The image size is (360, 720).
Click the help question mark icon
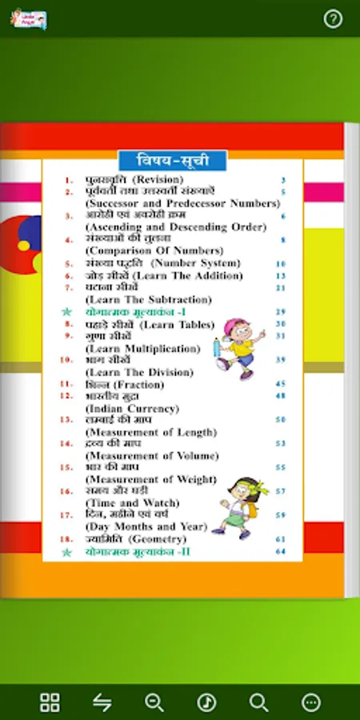[333, 18]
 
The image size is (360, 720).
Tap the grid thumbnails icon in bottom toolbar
[50, 702]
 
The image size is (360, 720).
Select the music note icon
[206, 702]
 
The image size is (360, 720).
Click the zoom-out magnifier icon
[154, 702]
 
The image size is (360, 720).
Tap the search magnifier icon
[258, 702]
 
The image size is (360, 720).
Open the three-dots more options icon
[310, 702]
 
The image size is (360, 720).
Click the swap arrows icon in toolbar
[102, 702]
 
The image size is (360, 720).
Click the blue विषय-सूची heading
[172, 160]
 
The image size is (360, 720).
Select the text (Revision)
[158, 180]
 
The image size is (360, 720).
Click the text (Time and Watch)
[133, 503]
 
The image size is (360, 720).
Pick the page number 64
[280, 552]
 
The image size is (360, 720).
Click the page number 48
[280, 396]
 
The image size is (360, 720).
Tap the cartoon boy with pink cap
[236, 349]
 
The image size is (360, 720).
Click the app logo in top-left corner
[29, 18]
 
